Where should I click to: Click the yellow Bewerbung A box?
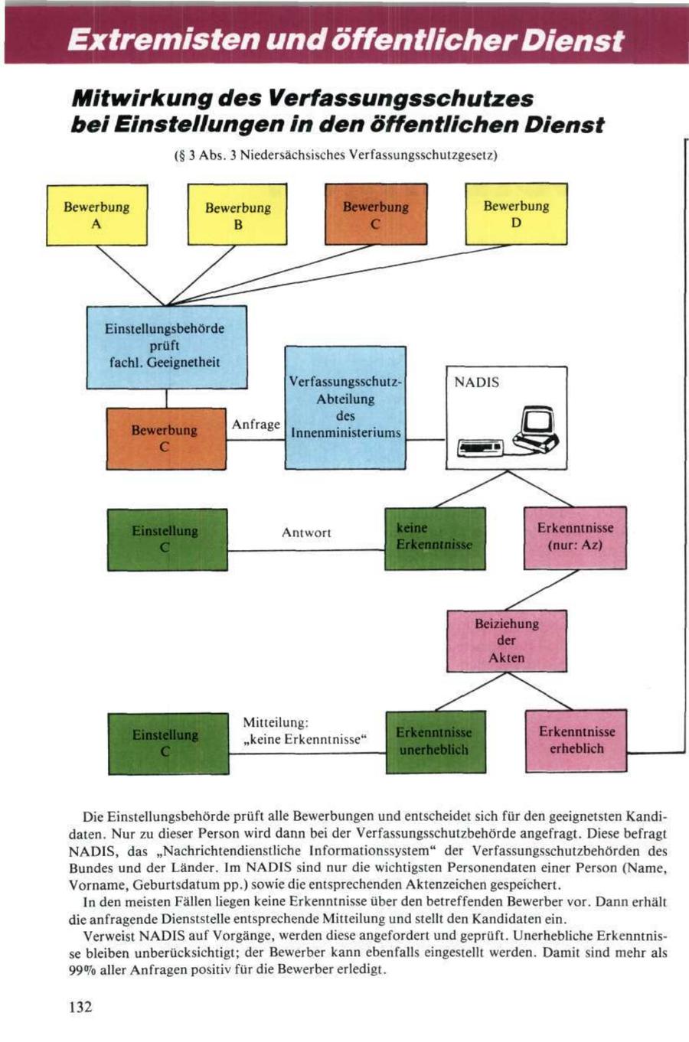coord(96,215)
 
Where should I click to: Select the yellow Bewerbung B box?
coord(237,216)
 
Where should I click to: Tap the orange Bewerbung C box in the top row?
coord(375,215)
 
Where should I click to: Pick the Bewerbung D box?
coord(516,214)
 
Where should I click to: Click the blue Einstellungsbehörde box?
coord(166,347)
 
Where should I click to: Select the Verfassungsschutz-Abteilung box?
coord(345,407)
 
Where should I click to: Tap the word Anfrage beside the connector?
coord(256,425)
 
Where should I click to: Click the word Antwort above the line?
coord(306,532)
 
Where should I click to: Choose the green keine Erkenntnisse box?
coord(434,538)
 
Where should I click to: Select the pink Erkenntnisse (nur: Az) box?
coord(575,537)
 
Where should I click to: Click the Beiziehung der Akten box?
coord(507,640)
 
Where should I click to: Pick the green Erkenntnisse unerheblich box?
coord(434,741)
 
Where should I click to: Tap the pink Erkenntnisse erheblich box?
coord(576,741)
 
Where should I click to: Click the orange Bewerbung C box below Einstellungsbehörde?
coord(165,438)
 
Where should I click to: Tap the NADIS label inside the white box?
coord(476,382)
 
